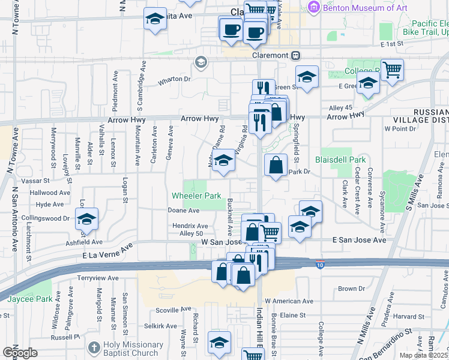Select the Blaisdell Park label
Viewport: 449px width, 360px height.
point(340,160)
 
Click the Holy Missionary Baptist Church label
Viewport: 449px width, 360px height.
point(132,349)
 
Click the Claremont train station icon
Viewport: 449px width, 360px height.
point(295,55)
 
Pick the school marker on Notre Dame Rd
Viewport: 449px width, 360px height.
point(223,161)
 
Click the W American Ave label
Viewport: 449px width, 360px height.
point(289,301)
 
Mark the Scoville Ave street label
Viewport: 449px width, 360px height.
point(173,310)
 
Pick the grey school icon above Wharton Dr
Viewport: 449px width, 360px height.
point(200,62)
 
